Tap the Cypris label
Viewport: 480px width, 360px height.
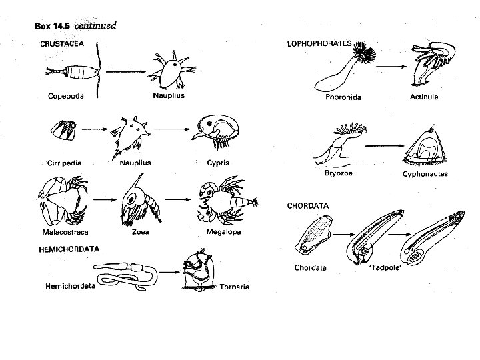pyautogui.click(x=216, y=163)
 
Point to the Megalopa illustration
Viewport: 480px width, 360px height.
pyautogui.click(x=223, y=201)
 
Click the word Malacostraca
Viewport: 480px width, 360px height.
pyautogui.click(x=65, y=232)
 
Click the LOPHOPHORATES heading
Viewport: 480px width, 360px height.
pyautogui.click(x=319, y=43)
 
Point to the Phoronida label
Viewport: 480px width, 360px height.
pyautogui.click(x=343, y=97)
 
